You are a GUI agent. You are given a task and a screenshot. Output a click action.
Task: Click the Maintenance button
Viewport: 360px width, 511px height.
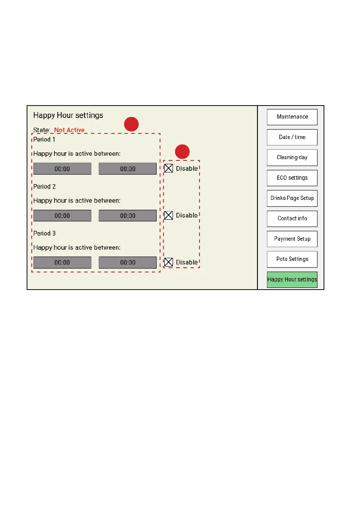[x=292, y=117]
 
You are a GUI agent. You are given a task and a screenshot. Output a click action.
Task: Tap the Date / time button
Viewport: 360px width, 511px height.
[x=292, y=137]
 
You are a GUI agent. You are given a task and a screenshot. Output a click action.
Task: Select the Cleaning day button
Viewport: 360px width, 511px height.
[x=292, y=157]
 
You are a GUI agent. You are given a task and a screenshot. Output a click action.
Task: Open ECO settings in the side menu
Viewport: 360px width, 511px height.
[x=292, y=178]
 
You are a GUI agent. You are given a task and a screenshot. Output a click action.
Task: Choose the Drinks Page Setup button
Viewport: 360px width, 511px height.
[x=292, y=198]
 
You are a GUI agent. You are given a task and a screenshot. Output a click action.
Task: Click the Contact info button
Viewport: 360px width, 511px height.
[x=292, y=218]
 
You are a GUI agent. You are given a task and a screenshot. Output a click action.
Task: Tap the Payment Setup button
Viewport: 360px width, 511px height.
[x=292, y=239]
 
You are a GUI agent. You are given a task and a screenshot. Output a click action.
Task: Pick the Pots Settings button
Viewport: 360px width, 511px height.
[x=292, y=259]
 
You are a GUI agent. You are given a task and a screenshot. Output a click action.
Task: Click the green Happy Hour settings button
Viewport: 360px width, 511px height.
[x=292, y=280]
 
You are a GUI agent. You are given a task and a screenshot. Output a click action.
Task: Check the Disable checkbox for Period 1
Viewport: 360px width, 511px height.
[x=169, y=169]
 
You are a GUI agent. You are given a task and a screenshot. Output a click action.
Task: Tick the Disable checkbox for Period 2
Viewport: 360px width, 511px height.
[x=169, y=215]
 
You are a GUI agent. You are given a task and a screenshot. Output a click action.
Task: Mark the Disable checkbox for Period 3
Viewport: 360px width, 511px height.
[x=169, y=262]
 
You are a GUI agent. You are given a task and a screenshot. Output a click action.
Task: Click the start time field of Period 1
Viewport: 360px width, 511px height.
[x=62, y=169]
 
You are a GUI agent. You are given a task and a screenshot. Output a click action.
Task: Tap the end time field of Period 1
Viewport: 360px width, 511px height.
[x=127, y=169]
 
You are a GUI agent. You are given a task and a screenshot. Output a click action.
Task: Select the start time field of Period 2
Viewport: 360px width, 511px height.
[x=62, y=216]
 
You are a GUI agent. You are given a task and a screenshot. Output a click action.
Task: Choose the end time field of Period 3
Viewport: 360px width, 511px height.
[x=127, y=263]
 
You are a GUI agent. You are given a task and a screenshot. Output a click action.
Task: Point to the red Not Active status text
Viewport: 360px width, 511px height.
[x=69, y=130]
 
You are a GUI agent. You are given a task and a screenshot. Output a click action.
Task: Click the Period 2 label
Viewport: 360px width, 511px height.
[x=45, y=187]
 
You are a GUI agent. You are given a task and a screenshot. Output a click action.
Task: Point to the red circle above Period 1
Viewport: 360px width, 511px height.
[x=131, y=124]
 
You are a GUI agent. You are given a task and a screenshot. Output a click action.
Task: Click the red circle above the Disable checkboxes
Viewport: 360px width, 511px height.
[x=183, y=151]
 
